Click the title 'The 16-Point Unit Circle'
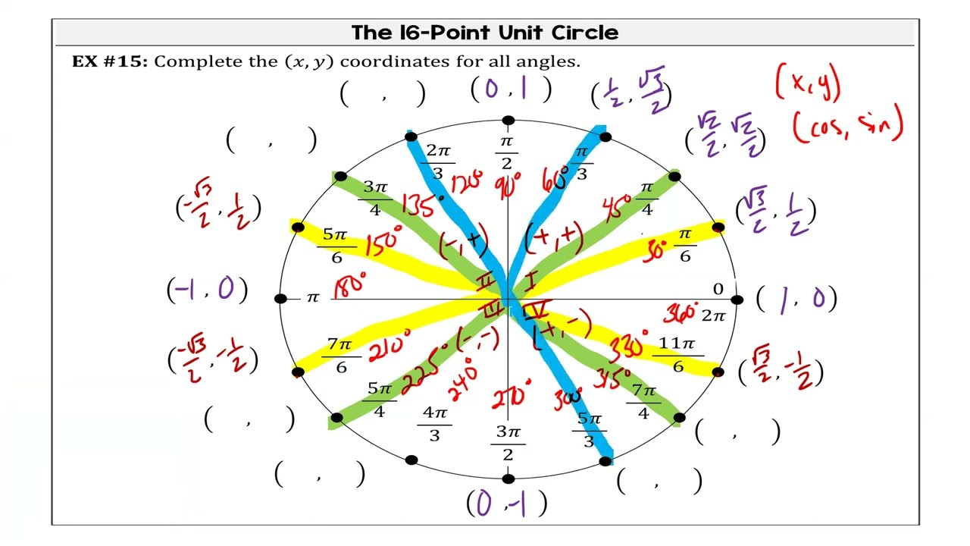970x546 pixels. pos(485,33)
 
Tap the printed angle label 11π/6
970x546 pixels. pos(677,355)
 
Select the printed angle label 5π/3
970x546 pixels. pos(589,429)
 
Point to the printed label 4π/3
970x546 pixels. pos(434,423)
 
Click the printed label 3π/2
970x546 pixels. pos(508,443)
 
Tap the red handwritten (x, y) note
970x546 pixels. pos(808,83)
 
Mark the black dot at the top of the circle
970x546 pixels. pos(508,121)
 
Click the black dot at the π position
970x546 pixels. pos(280,300)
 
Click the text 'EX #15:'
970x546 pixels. pos(110,61)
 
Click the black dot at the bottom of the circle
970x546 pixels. pos(508,479)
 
